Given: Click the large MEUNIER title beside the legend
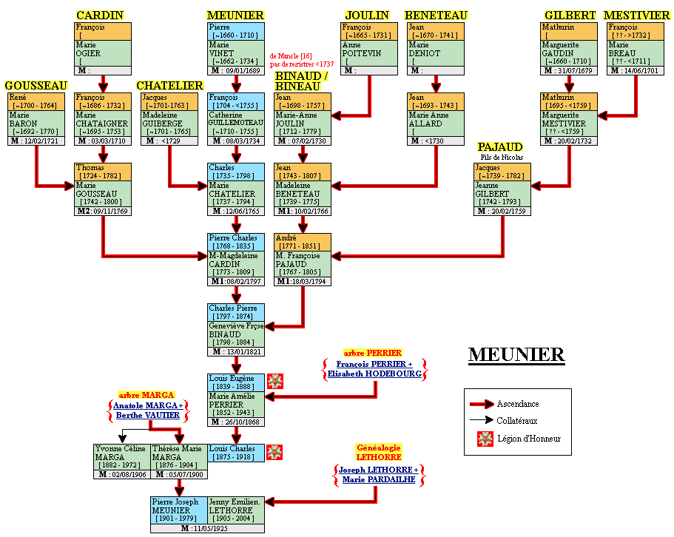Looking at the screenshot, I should click(516, 355).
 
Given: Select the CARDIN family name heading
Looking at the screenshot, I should click(100, 16).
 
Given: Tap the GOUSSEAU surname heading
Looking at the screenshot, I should click(36, 86).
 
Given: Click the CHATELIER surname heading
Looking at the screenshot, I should click(169, 86).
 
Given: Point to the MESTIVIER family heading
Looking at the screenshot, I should click(637, 16).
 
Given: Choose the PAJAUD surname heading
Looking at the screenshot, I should click(500, 147).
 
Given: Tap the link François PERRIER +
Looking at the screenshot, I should click(374, 364).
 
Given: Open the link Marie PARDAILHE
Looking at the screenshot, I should click(378, 479).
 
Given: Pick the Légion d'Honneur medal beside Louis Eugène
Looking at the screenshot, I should click(275, 382).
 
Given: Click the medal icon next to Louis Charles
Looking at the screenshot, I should click(275, 452).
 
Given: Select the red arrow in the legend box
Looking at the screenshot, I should click(482, 404).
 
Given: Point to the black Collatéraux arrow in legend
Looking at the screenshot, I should click(482, 420).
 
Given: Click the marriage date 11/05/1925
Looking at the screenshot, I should click(207, 528).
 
